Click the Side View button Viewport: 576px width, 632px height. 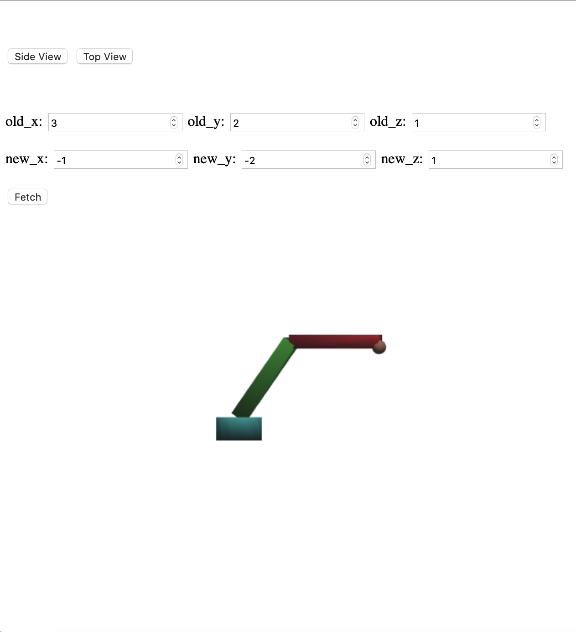coord(38,57)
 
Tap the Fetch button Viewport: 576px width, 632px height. coord(28,197)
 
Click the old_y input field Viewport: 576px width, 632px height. coord(291,123)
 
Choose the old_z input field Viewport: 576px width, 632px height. coord(472,123)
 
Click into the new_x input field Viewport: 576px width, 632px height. coord(114,160)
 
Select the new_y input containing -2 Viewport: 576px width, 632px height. coord(301,160)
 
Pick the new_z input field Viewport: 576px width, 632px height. coord(488,160)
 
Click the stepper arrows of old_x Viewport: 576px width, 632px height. coord(174,122)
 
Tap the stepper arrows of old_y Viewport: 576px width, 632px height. coord(355,122)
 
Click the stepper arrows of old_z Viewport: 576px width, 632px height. coord(537,122)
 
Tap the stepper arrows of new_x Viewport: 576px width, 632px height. coord(179,160)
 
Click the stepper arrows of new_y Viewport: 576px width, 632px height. coord(367,160)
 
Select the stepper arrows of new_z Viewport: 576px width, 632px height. coord(554,160)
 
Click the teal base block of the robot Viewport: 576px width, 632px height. coord(239,429)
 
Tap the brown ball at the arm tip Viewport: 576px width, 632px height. coord(379,347)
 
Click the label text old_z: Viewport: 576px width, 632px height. coord(388,121)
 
